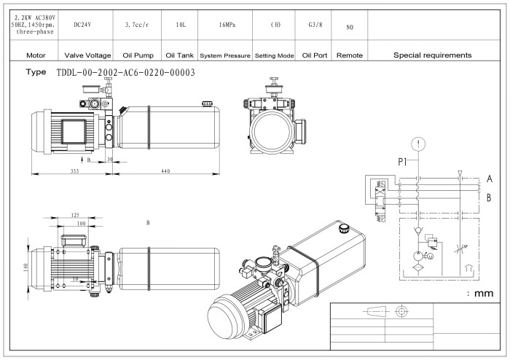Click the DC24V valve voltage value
(87, 25)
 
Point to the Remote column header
(350, 55)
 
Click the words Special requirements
(432, 55)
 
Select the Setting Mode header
(275, 55)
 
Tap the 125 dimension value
(76, 215)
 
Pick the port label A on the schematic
(490, 179)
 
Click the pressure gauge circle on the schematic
(417, 143)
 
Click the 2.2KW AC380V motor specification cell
(29, 25)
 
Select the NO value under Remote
(350, 26)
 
